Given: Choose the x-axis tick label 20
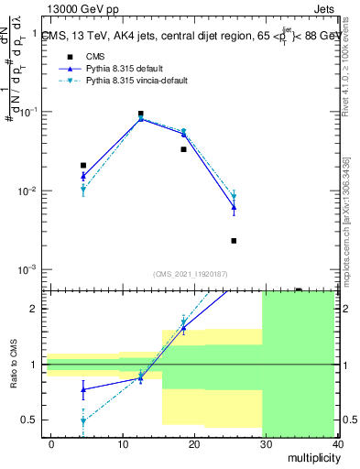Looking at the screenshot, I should [x=193, y=443].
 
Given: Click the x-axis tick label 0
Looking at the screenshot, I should [x=51, y=443].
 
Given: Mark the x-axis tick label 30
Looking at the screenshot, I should [x=265, y=443].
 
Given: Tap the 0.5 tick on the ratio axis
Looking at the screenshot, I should [x=35, y=420].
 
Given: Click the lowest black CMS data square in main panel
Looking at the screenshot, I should [x=234, y=241].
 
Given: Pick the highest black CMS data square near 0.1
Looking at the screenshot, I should [x=140, y=114].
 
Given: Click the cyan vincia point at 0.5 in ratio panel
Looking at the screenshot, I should [x=83, y=421].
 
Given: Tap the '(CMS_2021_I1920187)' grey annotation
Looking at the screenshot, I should [x=191, y=274].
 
